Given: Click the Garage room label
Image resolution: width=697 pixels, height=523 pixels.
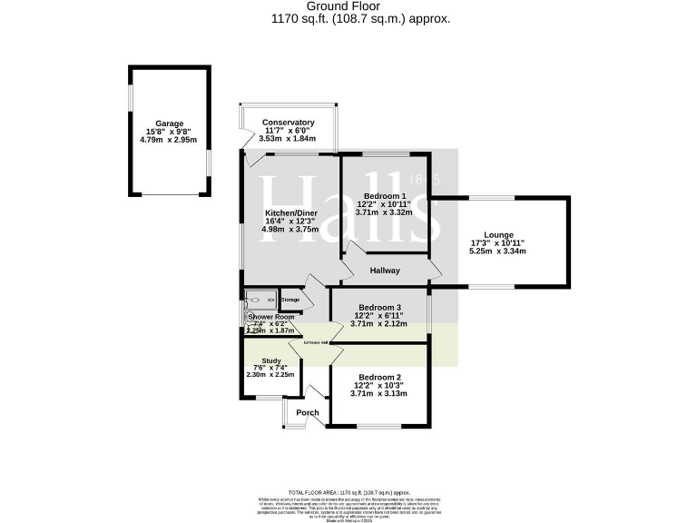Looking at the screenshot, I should (169, 123).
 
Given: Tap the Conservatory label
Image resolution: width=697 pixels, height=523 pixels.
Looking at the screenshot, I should (288, 123).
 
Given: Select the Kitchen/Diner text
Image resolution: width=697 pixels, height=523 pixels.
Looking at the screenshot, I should (286, 212).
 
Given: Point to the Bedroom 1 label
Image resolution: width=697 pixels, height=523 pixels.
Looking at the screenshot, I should (384, 196).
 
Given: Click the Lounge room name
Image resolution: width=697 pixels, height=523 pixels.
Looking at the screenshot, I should (497, 234).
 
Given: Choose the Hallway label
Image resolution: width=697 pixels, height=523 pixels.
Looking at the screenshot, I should (386, 271).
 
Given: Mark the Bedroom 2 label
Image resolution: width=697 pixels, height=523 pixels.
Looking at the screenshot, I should (378, 377).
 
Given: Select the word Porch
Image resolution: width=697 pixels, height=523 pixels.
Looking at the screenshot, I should (308, 412).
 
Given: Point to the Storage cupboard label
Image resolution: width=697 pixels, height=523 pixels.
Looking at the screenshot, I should (290, 300).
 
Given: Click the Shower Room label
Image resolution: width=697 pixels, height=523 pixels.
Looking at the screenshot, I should (271, 317).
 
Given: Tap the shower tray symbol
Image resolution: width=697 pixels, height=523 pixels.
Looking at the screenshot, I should (262, 300).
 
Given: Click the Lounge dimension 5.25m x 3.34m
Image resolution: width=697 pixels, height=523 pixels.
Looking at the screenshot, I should (497, 251).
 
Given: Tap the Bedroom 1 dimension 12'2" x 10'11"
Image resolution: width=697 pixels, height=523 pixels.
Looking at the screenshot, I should (384, 204).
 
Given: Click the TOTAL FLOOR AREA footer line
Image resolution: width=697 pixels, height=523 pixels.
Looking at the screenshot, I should (348, 491).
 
